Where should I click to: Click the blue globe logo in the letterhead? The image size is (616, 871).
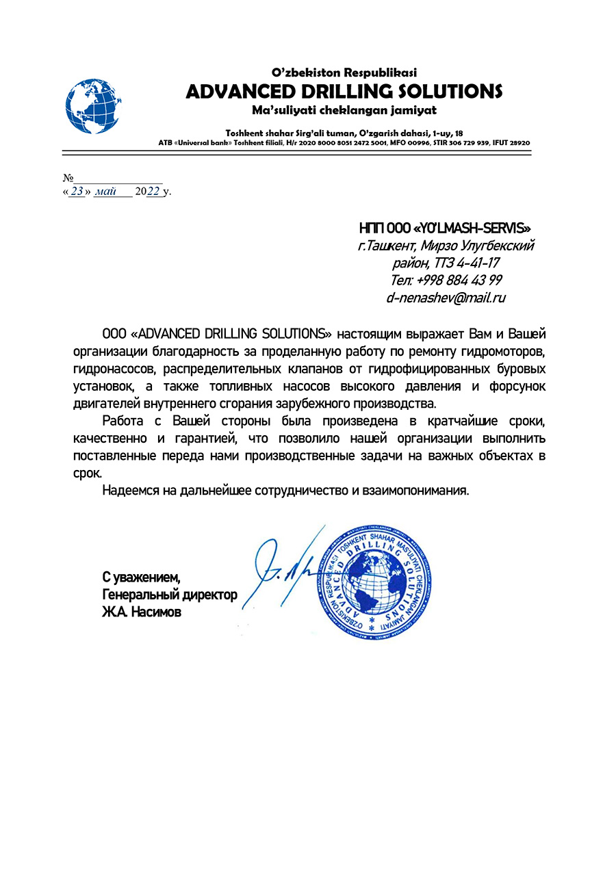coord(93,105)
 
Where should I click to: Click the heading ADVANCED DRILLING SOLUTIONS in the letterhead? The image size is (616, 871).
coord(344,91)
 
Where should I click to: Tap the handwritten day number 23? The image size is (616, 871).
coord(76,192)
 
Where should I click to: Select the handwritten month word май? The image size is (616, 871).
coord(106,192)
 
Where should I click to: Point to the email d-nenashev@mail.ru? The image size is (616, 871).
coord(446,298)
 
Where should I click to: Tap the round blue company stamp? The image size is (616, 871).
coord(372,581)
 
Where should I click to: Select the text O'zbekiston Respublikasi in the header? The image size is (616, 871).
coord(344,72)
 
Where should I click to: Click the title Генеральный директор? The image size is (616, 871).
coord(170,595)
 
